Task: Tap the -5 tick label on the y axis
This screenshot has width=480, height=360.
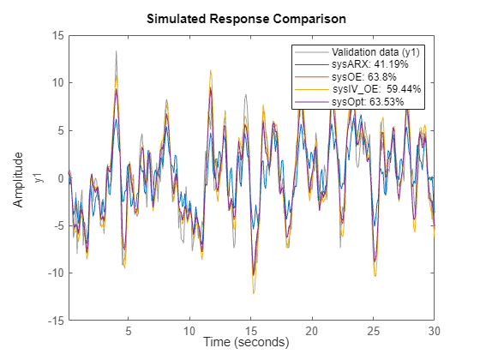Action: click(x=56, y=226)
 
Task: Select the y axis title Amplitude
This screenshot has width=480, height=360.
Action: click(x=19, y=178)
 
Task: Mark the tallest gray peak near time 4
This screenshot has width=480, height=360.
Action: click(x=117, y=51)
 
